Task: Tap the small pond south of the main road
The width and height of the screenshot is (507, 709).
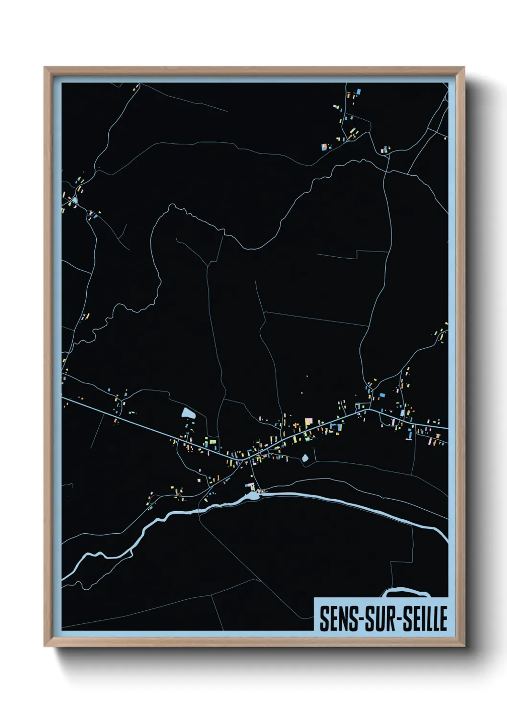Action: click(x=305, y=458)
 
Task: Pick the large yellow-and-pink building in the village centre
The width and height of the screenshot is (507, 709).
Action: click(x=308, y=423)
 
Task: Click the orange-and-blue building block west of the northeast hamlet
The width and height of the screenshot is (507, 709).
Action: click(x=325, y=147)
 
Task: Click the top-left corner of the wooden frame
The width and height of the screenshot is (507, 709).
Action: click(x=45, y=68)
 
